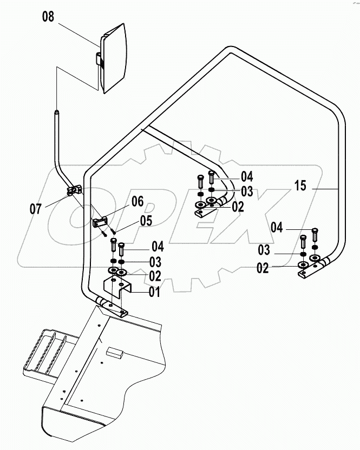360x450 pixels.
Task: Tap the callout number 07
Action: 36,208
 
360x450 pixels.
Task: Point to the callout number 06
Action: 137,202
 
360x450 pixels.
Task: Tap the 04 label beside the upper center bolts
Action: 247,176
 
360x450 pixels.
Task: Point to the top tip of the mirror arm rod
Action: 56,112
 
